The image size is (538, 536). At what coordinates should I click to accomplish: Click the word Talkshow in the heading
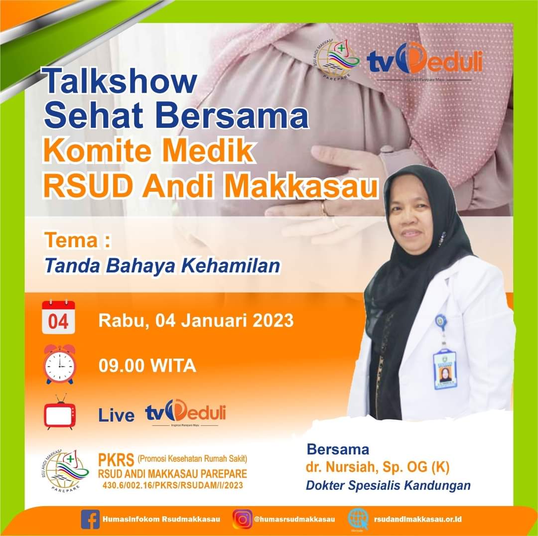120,81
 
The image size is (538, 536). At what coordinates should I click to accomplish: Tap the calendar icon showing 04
58,317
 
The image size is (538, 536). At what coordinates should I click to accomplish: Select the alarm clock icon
59,364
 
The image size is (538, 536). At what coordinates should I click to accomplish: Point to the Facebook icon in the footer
90,519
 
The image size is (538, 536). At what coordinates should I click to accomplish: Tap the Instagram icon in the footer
243,519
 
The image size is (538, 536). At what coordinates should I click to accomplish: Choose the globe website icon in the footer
358,518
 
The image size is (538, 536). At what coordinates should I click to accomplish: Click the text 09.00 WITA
147,366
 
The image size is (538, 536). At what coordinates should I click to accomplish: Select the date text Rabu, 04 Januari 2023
196,320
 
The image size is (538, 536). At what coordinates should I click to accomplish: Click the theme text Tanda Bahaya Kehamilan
162,266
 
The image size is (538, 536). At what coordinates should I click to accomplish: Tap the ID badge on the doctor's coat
444,369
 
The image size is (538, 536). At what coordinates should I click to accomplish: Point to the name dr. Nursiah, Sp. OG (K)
378,467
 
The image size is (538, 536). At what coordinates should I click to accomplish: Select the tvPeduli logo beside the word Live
185,413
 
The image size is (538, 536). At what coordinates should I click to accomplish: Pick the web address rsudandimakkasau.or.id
418,519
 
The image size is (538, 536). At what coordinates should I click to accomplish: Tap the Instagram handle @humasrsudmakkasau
294,519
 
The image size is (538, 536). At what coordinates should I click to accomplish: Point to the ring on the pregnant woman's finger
324,208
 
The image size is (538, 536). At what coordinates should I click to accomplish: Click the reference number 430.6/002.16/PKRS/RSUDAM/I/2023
172,485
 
